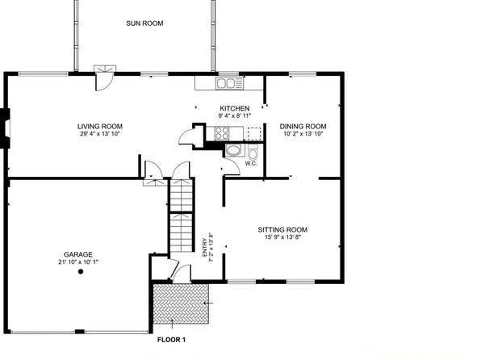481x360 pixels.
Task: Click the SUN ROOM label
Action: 144,23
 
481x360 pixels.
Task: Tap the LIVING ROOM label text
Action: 100,127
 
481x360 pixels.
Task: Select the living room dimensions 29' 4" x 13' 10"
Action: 100,134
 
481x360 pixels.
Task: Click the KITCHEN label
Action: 235,108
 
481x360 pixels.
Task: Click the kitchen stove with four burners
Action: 222,133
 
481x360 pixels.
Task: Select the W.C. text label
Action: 251,164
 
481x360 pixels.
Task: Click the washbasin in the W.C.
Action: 234,150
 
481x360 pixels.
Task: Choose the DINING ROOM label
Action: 303,127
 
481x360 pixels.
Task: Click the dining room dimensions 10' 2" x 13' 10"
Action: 303,134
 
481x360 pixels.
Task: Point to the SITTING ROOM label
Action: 282,229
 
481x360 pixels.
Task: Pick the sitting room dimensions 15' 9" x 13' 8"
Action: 282,237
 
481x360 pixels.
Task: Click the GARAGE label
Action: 78,254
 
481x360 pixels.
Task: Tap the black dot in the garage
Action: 81,271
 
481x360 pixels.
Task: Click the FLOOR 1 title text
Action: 171,340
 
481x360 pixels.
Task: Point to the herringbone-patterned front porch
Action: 181,303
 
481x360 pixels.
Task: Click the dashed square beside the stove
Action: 254,133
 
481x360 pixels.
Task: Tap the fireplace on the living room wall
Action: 5,128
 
